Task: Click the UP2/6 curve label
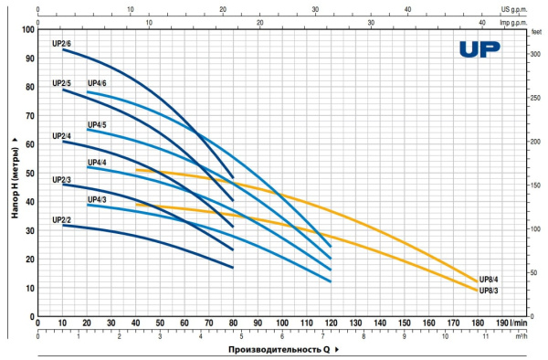point(62,43)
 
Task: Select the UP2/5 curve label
point(62,83)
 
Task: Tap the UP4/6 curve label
point(97,84)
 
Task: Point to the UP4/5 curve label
point(97,124)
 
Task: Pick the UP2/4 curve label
point(62,136)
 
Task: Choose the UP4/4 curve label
point(97,162)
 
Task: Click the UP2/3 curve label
point(62,179)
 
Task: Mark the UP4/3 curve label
point(97,199)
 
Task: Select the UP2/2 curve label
point(62,219)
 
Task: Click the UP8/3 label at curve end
point(490,291)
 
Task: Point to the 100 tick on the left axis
point(27,30)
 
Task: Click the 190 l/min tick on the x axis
point(504,323)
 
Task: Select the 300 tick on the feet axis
point(535,55)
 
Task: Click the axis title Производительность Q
point(274,349)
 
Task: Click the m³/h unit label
point(521,335)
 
